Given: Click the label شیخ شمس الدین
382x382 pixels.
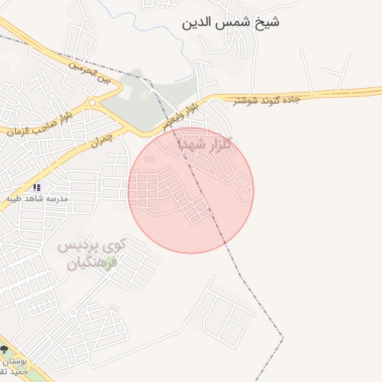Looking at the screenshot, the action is [231, 22].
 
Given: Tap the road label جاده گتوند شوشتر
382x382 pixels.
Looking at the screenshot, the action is [266, 100].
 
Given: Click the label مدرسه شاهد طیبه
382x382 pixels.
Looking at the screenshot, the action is [37, 198].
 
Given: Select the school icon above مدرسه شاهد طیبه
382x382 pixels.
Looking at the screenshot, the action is [37, 187].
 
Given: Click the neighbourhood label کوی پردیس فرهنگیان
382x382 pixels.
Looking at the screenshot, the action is [88, 254].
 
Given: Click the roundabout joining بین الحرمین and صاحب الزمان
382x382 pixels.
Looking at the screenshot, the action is [92, 102].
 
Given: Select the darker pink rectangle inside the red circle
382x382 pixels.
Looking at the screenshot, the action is [150, 160].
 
